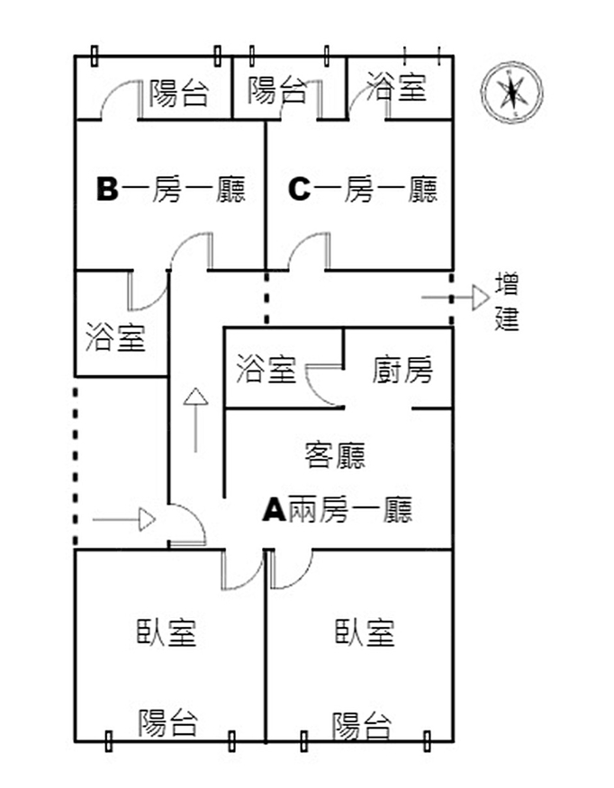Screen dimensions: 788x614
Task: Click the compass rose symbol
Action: (511, 93)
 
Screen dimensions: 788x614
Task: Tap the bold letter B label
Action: (107, 190)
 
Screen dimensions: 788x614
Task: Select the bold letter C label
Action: (299, 190)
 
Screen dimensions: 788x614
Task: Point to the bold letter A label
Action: (273, 510)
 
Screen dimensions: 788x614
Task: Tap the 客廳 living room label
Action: (336, 455)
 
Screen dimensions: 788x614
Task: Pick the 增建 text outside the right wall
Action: (507, 302)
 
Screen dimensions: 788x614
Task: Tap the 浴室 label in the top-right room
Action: (396, 87)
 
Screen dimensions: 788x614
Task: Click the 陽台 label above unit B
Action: (178, 93)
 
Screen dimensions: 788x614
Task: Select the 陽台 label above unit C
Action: (276, 90)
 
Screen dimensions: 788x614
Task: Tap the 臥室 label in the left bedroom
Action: (167, 632)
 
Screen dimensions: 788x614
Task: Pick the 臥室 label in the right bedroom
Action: (365, 632)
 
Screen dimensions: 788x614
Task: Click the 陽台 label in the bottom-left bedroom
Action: (168, 721)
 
